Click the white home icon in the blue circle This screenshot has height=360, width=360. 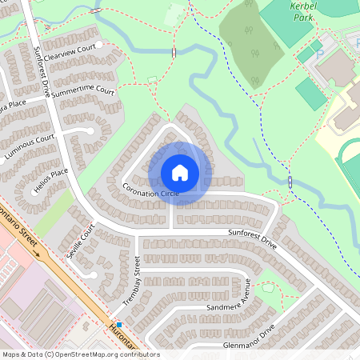180,172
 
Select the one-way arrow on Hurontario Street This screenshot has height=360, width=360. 34,251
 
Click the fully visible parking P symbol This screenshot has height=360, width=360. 318,54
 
